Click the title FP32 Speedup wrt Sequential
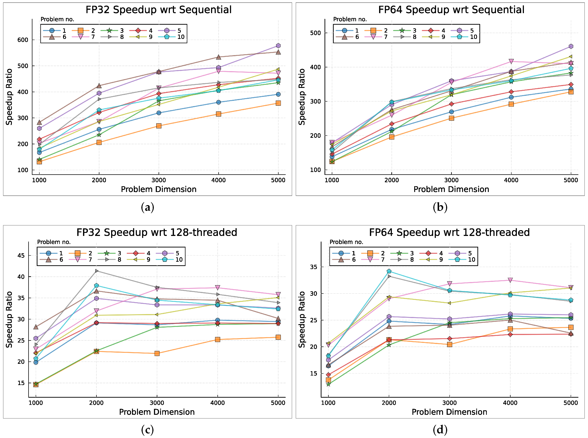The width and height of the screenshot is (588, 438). pyautogui.click(x=158, y=10)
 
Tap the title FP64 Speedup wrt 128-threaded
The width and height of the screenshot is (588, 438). pyautogui.click(x=449, y=233)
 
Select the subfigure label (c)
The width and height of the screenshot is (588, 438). pyautogui.click(x=147, y=430)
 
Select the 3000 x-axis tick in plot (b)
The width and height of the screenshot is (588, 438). pyautogui.click(x=451, y=180)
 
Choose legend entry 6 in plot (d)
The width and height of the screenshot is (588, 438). pyautogui.click(x=347, y=260)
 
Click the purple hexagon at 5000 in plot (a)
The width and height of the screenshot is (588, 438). pyautogui.click(x=278, y=46)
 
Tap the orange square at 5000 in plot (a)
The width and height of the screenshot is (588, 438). pyautogui.click(x=278, y=103)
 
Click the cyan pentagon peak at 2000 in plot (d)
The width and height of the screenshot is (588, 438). pyautogui.click(x=389, y=271)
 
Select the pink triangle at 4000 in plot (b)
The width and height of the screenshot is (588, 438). pyautogui.click(x=511, y=62)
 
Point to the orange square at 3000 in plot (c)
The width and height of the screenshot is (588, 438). pyautogui.click(x=157, y=353)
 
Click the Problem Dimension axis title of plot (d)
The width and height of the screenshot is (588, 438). pyautogui.click(x=449, y=412)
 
